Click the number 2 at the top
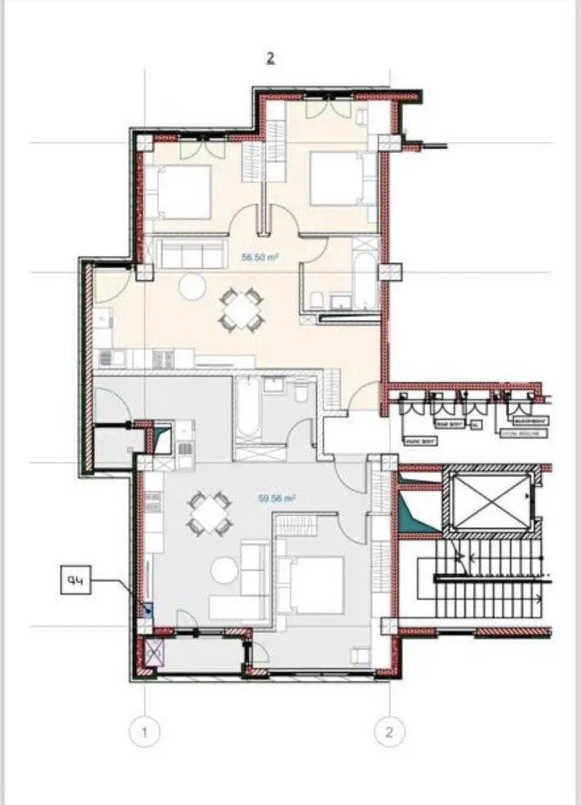(271, 58)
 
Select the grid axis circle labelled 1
(145, 732)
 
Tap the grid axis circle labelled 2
(390, 732)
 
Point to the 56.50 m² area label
(260, 258)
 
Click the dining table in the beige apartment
(241, 310)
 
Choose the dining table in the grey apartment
(209, 513)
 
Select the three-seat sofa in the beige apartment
(191, 254)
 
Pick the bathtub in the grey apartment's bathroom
(247, 410)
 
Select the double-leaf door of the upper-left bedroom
(201, 148)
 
